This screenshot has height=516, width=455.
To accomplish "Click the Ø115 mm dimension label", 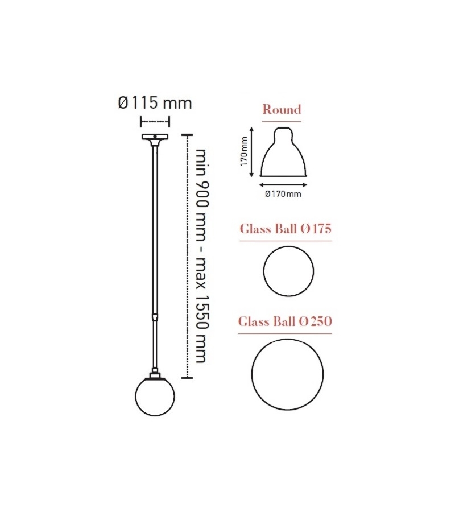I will (x=155, y=103).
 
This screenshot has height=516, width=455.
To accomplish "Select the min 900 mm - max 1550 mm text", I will (x=201, y=256).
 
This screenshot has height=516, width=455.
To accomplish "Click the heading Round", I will (x=282, y=109).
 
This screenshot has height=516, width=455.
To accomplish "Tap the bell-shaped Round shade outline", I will (x=284, y=154).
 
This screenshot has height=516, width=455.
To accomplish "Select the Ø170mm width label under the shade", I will (x=283, y=194).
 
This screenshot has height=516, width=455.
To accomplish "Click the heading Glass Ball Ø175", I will (x=285, y=229).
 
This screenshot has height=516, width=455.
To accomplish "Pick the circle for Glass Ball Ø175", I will (x=288, y=271).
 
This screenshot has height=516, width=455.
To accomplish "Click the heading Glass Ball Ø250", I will (x=285, y=321).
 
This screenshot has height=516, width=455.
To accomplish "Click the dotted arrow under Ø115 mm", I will (x=155, y=121).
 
